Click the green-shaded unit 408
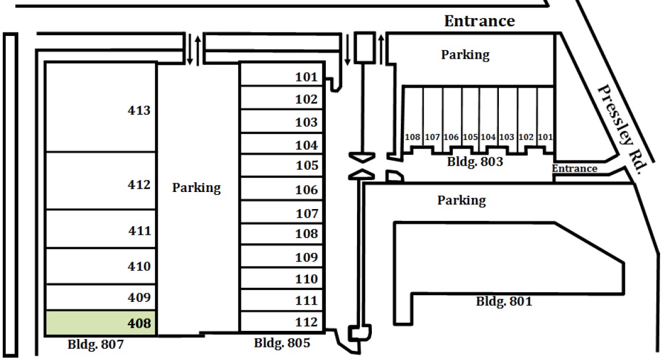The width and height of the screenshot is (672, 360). point(100,324)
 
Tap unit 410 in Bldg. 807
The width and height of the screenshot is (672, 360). point(100,266)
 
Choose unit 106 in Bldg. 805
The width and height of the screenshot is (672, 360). point(282,189)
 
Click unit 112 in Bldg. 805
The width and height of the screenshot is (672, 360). point(282,322)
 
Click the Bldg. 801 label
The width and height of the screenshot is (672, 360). point(504,301)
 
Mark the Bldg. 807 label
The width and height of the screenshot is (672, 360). point(95,345)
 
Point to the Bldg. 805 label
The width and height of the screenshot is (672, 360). point(281,343)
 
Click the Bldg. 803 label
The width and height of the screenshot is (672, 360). point(475,161)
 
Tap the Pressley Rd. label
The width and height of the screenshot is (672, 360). point(622,129)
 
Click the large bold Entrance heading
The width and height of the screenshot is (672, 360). point(480,21)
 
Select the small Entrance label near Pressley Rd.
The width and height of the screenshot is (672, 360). point(575,169)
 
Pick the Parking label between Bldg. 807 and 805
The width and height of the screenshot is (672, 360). point(196,187)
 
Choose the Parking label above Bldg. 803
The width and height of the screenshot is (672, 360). point(465,55)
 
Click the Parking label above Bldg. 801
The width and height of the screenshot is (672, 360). point(461,200)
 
